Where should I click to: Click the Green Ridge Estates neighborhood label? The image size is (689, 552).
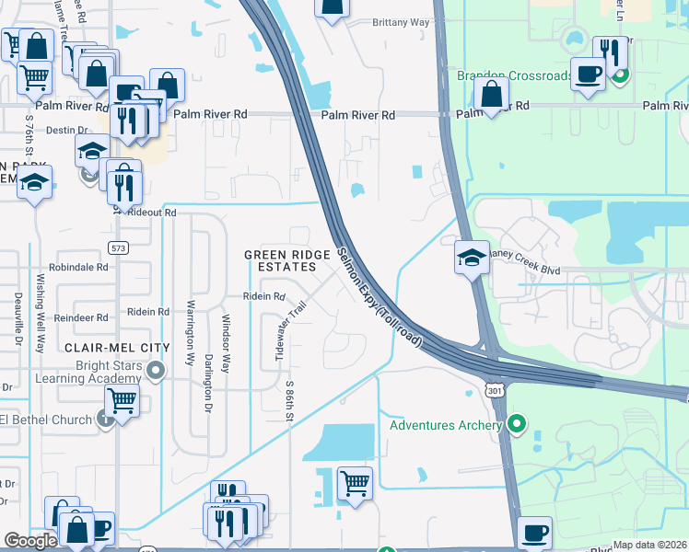point(279,260)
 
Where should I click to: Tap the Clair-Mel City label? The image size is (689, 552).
point(117,348)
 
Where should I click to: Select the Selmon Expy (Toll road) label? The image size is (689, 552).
point(379,297)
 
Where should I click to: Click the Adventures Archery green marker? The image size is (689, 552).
point(517,425)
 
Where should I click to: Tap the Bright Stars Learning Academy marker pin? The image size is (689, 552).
point(156,372)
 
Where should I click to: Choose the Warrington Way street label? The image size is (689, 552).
point(191,332)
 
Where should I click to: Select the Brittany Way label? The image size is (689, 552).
point(401,22)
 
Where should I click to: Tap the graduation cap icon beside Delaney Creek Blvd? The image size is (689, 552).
point(472,257)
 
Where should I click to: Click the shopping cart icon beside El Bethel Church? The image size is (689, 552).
point(122,401)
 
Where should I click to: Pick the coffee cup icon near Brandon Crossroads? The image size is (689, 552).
point(588,74)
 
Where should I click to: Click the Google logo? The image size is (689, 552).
point(30,541)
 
